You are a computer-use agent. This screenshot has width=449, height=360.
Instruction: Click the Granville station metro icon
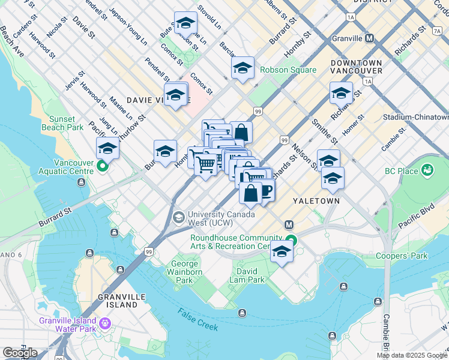point(370,38)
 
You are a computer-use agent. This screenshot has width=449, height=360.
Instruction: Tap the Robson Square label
point(288,70)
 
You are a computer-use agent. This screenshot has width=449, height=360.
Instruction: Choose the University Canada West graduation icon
point(178,217)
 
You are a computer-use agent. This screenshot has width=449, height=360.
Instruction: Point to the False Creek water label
point(198,319)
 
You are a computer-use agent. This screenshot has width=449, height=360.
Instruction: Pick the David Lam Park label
point(247,275)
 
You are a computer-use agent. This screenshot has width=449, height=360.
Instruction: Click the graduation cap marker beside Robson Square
point(243,68)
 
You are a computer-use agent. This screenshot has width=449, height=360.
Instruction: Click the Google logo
point(20,353)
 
